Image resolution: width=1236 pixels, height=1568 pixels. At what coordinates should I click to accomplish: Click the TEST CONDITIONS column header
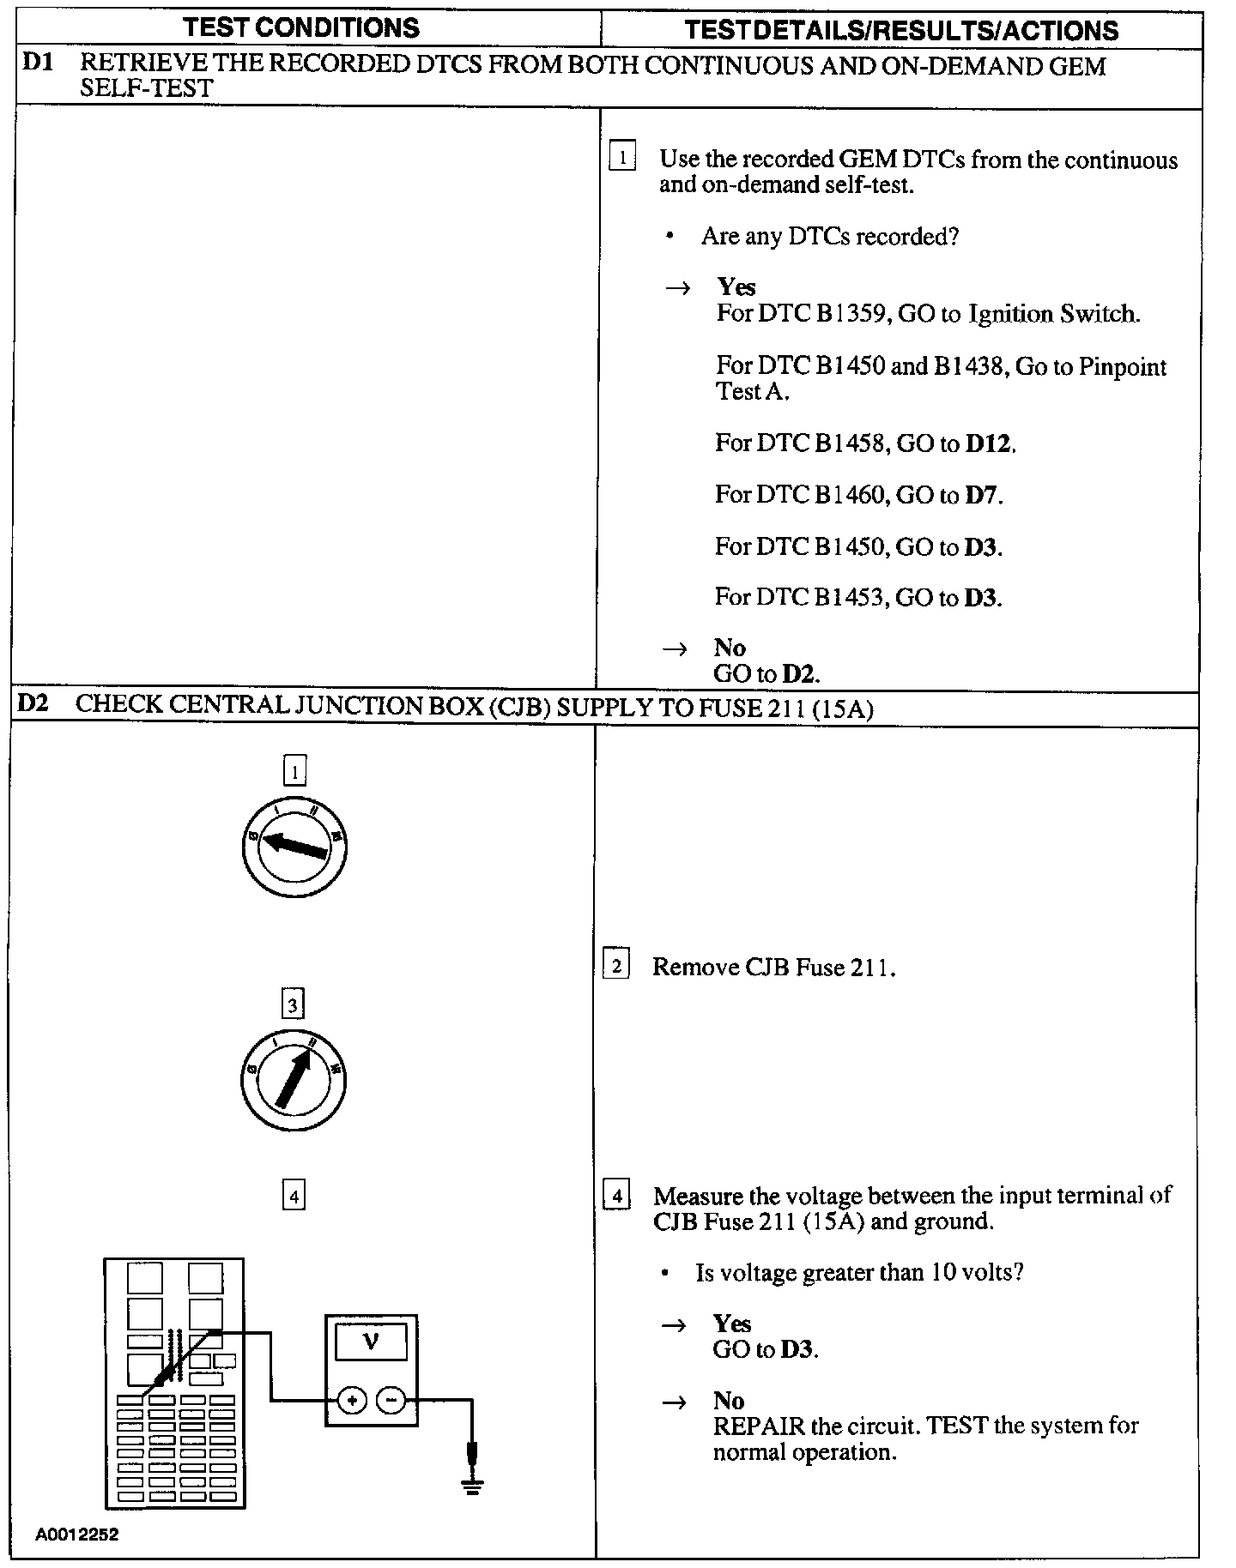click(x=301, y=27)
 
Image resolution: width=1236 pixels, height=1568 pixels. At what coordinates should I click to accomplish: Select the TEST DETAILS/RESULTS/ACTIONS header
click(x=901, y=31)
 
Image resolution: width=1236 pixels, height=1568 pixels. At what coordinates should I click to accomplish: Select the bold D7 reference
click(x=982, y=495)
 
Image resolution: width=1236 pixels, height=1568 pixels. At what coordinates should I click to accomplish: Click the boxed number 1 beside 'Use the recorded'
click(x=622, y=158)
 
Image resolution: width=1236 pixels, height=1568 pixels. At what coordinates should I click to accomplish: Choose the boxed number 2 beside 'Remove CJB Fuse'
click(x=616, y=965)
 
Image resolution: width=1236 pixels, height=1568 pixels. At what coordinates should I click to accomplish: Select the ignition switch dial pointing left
click(x=294, y=847)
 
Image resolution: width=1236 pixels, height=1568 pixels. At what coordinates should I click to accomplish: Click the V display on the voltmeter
click(x=371, y=1342)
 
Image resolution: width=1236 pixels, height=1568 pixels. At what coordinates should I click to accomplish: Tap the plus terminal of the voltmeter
click(x=351, y=1401)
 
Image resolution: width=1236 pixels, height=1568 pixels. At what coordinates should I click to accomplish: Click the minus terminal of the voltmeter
click(x=391, y=1401)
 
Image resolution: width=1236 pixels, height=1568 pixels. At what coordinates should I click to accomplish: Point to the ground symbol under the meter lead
click(x=471, y=1486)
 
